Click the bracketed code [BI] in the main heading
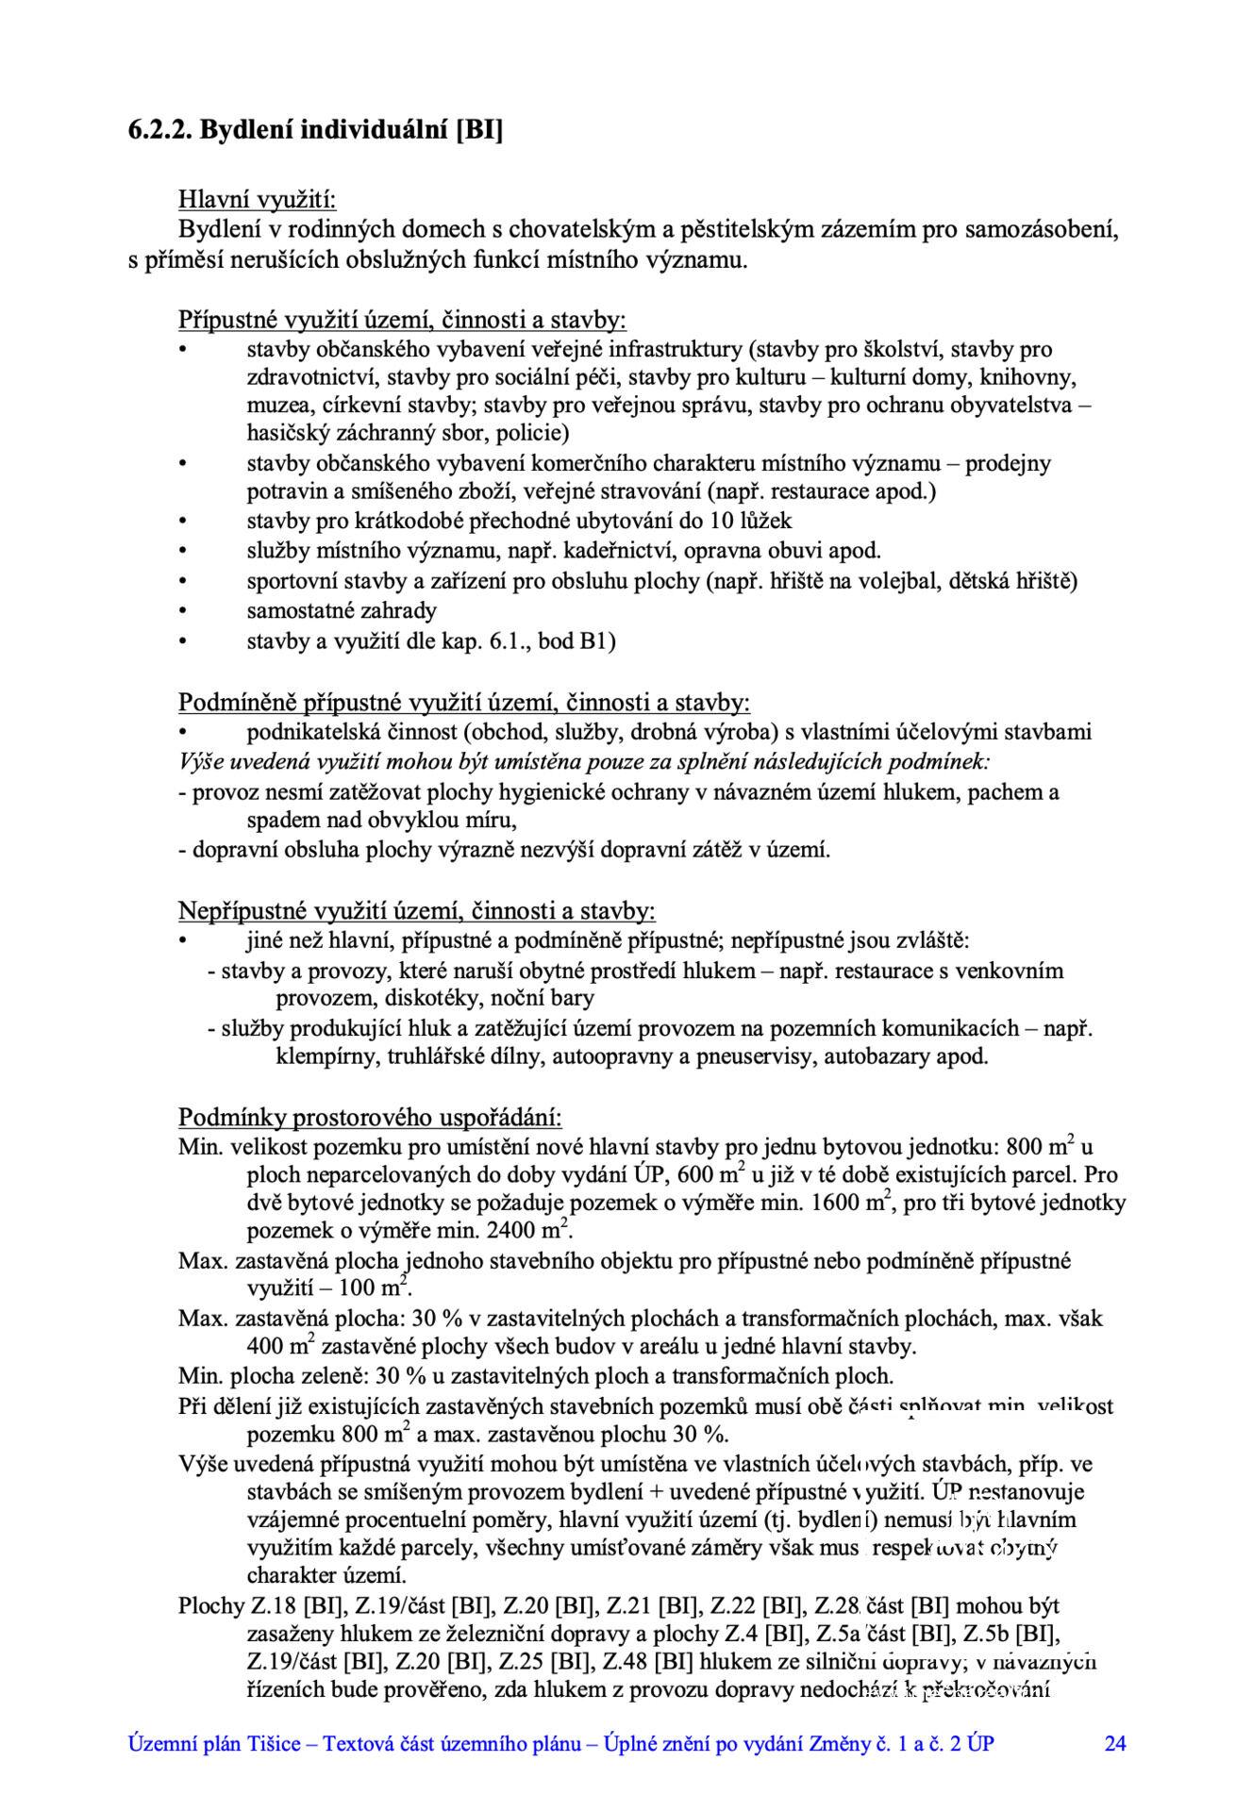coord(478,129)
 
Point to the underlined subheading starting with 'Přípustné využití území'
coord(402,320)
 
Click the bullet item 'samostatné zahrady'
coord(342,610)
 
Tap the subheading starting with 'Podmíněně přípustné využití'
coord(464,703)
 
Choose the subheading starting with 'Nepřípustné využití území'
coord(416,910)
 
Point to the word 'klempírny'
coord(326,1055)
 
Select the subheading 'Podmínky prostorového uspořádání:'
coord(370,1118)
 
